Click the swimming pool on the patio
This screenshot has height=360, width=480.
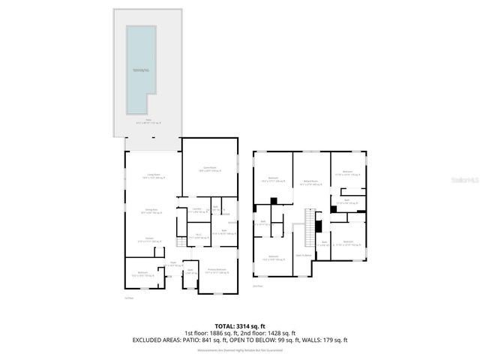[x=142, y=68]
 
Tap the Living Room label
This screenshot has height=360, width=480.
[x=152, y=178]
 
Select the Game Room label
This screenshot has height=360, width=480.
[x=209, y=169]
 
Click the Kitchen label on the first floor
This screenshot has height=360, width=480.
[x=151, y=241]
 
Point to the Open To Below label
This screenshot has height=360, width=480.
[x=304, y=255]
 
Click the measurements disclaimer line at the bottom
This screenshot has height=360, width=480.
[x=239, y=350]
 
